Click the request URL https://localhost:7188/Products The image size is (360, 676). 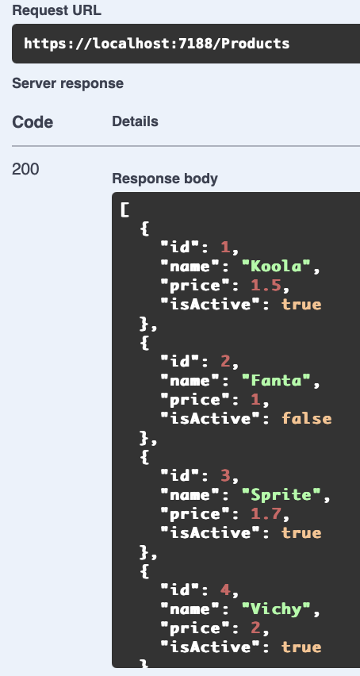point(157,44)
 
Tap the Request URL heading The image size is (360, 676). point(56,11)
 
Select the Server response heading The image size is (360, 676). point(67,83)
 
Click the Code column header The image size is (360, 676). point(33,122)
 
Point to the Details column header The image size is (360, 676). point(136,121)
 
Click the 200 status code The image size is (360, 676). point(25,170)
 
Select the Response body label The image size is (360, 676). point(165,179)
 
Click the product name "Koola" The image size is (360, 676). point(276,267)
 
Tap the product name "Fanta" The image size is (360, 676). point(276,381)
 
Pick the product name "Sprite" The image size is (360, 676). point(281,494)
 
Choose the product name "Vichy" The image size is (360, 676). point(276,609)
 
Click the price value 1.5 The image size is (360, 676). point(266,286)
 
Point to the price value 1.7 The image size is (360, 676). point(266,513)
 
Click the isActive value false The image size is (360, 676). point(307,419)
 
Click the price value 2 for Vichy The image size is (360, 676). point(256,628)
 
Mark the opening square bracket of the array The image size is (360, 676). point(124,210)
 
